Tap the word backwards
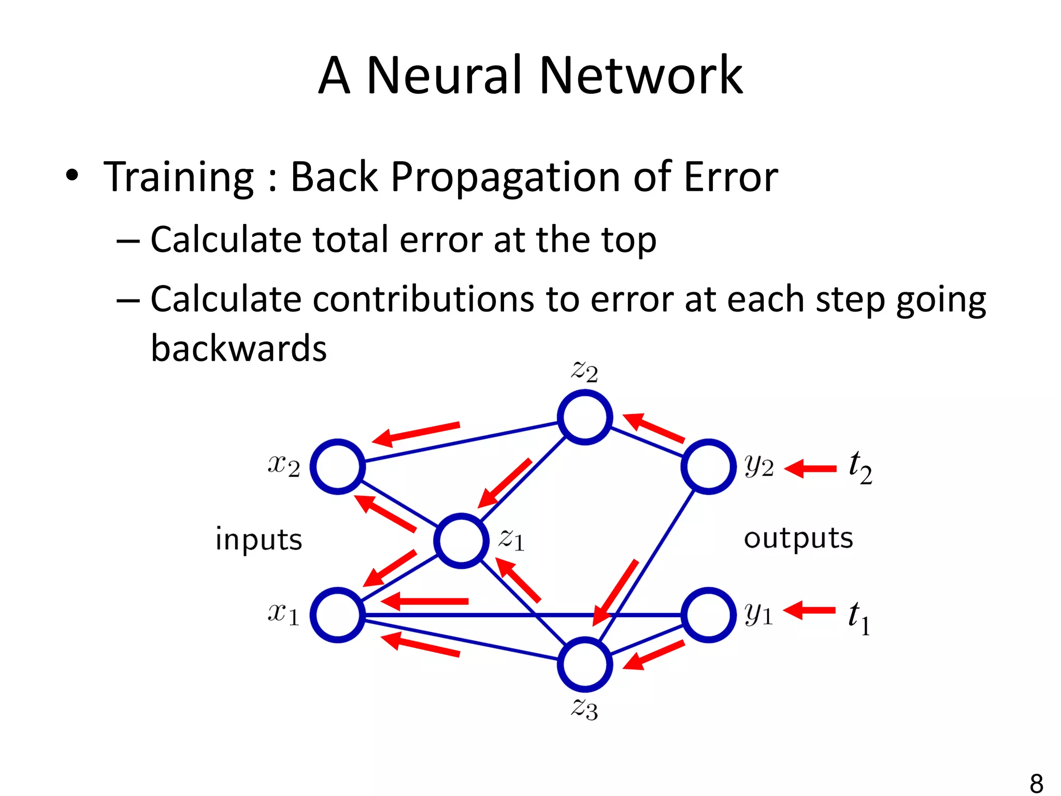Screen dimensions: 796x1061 239,348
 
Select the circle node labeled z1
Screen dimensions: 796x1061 461,541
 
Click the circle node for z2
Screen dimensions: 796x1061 585,417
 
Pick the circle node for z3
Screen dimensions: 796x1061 585,664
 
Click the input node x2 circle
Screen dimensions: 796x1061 338,466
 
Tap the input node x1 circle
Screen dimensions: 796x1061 338,615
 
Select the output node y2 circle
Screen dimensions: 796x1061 708,466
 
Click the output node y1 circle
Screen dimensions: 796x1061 708,615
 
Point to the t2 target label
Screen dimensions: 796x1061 860,467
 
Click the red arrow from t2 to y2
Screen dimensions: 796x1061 810,468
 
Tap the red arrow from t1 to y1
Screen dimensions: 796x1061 809,610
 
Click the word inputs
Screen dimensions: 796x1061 259,539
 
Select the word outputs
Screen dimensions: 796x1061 798,538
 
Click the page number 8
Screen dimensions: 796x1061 1036,783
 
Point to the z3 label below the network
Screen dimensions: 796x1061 584,708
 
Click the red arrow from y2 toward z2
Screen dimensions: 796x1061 654,428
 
